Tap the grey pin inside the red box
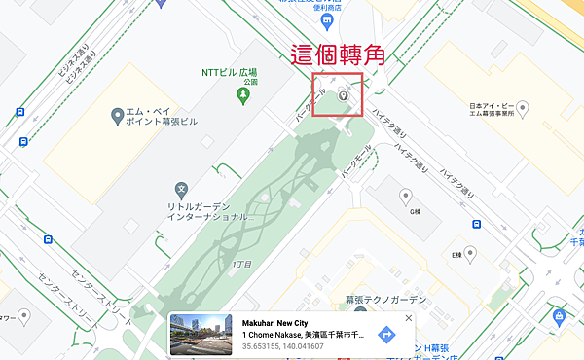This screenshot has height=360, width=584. pyautogui.click(x=343, y=95)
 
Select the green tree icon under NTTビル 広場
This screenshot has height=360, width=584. pyautogui.click(x=241, y=95)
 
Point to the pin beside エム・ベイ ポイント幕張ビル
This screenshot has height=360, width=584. pyautogui.click(x=118, y=117)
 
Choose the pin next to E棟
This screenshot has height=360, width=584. pyautogui.click(x=470, y=254)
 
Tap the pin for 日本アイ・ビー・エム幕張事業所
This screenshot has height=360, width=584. pyautogui.click(x=522, y=107)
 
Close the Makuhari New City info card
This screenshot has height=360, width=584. pyautogui.click(x=409, y=318)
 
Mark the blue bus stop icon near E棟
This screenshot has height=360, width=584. pyautogui.click(x=478, y=225)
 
